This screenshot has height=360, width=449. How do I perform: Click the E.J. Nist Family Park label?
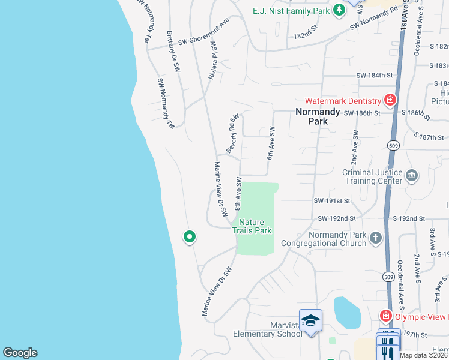[x=291, y=10]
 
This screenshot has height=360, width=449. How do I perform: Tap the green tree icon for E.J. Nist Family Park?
[x=339, y=10]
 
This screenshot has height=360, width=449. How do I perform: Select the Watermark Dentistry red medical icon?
[x=390, y=100]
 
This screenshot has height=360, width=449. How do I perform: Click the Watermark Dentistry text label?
[x=343, y=101]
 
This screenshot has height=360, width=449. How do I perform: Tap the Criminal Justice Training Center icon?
[x=412, y=175]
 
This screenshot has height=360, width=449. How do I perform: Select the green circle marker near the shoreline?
[x=190, y=237]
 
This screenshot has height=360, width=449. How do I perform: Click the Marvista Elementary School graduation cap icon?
[x=310, y=320]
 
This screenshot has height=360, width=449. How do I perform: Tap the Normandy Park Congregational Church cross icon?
[x=375, y=238]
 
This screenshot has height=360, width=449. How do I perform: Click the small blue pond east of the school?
[x=346, y=312]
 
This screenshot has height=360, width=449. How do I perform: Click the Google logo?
[x=20, y=353]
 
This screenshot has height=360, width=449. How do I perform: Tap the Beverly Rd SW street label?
[x=232, y=133]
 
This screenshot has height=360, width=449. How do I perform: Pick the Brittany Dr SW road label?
[x=173, y=52]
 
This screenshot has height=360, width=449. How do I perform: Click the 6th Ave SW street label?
[x=271, y=143]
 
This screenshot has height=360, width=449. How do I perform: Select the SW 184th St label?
[x=374, y=76]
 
